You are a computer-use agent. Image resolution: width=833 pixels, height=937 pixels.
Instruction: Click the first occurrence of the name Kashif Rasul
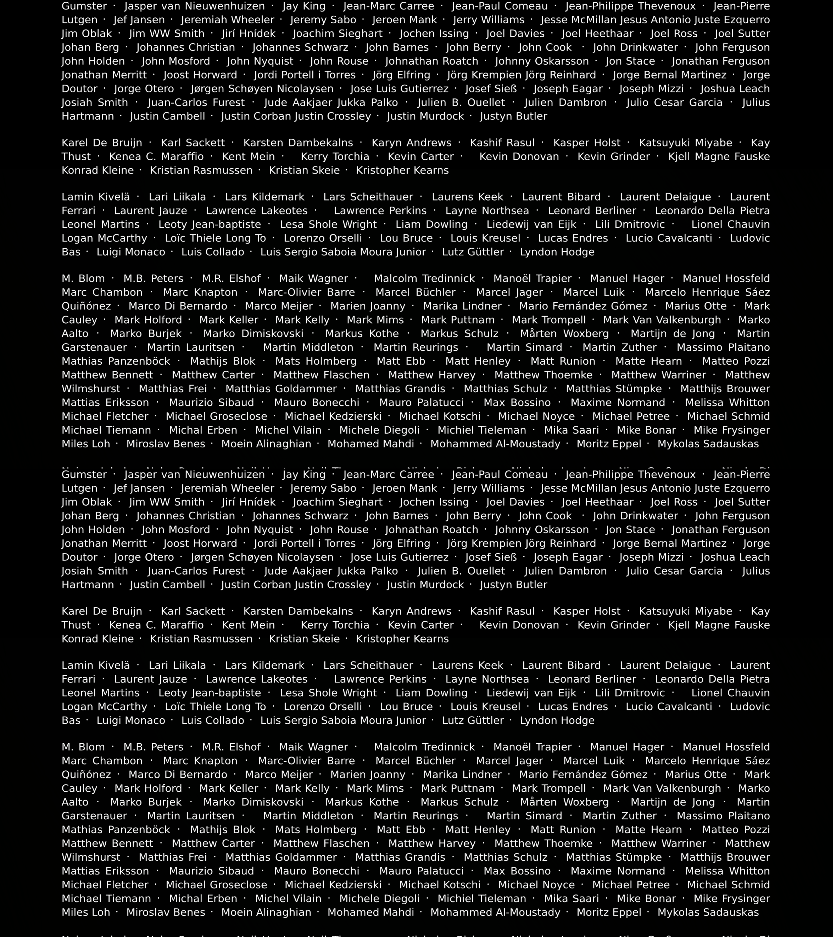[x=502, y=143]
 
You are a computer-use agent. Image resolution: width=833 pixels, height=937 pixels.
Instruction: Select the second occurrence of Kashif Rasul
[x=502, y=612]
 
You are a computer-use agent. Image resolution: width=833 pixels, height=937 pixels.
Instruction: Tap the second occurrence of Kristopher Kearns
[x=402, y=639]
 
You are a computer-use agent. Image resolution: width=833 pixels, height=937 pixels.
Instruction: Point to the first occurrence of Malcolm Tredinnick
[x=424, y=279]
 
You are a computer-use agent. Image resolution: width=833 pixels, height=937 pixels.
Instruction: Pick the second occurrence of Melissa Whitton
[x=727, y=871]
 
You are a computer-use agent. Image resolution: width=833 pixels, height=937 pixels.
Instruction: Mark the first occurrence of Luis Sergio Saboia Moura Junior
[x=343, y=252]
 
